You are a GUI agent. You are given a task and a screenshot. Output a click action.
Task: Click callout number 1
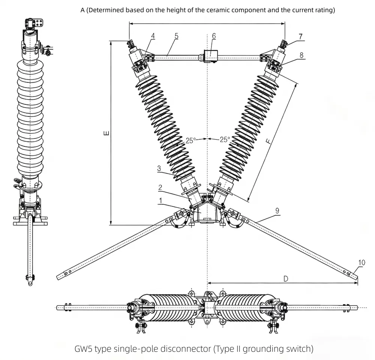point(160,201)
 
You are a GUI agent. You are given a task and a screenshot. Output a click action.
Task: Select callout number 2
point(160,187)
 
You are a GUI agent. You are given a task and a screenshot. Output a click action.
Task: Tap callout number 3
point(159,169)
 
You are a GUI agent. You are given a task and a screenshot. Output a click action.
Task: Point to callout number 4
point(153,36)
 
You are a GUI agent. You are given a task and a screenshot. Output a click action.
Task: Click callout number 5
point(176,36)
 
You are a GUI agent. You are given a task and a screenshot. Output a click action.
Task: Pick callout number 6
point(214,36)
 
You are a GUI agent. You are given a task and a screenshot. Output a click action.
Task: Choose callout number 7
point(300,36)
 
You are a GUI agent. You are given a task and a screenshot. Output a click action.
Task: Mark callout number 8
point(301,54)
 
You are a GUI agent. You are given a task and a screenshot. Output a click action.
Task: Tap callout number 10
point(361,263)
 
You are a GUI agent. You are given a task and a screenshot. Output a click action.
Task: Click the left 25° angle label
point(190,140)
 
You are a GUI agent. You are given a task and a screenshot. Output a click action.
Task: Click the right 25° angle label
point(225,139)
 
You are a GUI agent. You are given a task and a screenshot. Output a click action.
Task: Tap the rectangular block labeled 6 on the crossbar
point(211,56)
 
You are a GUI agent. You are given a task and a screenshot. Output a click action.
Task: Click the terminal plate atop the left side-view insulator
point(39,23)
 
